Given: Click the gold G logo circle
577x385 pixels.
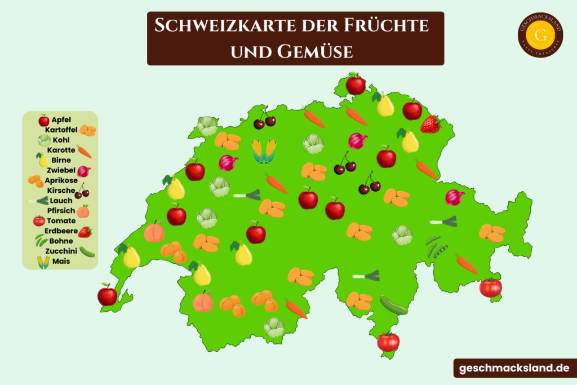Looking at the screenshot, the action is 540,35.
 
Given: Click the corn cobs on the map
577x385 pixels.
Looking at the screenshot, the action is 264,151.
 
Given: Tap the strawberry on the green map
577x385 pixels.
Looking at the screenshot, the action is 430,125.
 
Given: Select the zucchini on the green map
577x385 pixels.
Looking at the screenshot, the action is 393,304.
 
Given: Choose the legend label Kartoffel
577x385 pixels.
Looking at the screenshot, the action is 61,130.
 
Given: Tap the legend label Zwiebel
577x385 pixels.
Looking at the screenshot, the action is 61,170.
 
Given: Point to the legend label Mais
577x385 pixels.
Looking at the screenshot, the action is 61,262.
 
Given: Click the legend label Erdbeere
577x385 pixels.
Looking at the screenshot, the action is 61,231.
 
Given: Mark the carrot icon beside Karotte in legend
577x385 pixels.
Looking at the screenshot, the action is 84,151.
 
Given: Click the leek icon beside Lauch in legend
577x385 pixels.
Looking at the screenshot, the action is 38,201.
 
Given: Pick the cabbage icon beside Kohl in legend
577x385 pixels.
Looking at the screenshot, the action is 45,140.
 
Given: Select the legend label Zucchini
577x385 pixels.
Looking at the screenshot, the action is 61,251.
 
